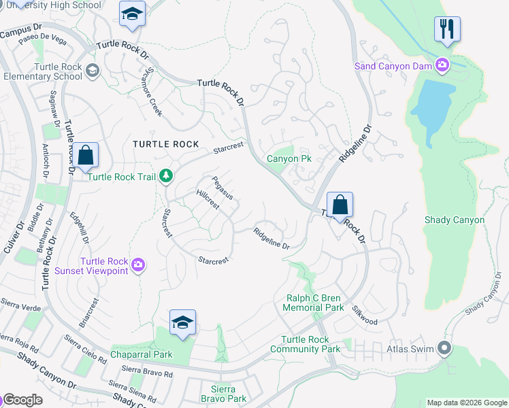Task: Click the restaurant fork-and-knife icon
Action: point(447,29)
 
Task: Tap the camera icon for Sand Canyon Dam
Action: point(443,65)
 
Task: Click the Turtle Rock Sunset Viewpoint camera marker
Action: point(138,264)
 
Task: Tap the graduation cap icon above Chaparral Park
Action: point(182,323)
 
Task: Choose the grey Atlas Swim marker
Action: point(444,349)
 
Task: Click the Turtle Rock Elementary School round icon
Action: point(93,70)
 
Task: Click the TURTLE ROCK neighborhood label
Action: point(166,144)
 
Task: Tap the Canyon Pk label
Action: point(289,158)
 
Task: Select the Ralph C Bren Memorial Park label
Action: point(314,303)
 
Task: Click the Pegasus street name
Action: point(222,188)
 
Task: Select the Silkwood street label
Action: point(366,311)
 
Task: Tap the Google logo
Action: point(23,400)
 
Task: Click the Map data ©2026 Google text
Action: point(466,403)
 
